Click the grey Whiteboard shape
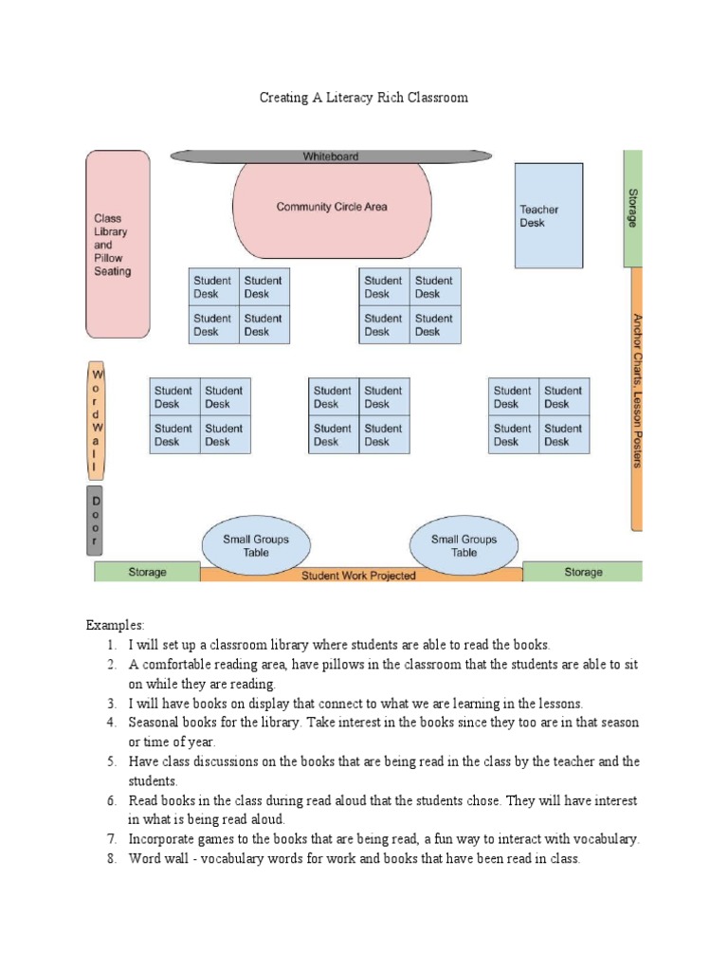click(x=331, y=156)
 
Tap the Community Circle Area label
click(x=332, y=207)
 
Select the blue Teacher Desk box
click(x=549, y=216)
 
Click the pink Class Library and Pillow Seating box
click(x=118, y=245)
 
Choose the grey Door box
click(x=95, y=520)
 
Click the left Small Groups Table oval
click(x=256, y=545)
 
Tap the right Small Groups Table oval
click(x=464, y=545)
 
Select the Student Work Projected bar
click(x=359, y=576)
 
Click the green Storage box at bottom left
click(x=147, y=572)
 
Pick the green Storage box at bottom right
click(x=582, y=572)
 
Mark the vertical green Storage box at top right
click(x=632, y=208)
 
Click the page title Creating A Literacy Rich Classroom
click(x=364, y=98)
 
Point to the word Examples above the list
click(x=115, y=625)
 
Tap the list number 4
click(x=111, y=723)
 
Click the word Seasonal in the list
click(x=155, y=723)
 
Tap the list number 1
click(x=111, y=645)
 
